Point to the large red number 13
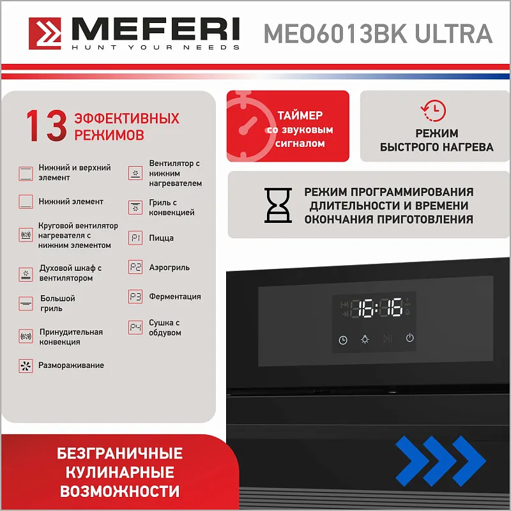click(47, 125)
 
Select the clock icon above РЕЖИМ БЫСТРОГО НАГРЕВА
click(434, 111)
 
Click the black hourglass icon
click(278, 205)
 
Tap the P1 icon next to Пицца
click(135, 238)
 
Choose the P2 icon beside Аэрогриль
click(135, 267)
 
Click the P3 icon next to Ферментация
click(135, 296)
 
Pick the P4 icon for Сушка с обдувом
click(135, 327)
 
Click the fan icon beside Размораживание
click(26, 365)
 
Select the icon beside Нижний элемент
click(26, 202)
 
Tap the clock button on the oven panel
click(343, 340)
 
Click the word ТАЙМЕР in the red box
click(300, 116)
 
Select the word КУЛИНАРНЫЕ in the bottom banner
click(119, 473)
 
